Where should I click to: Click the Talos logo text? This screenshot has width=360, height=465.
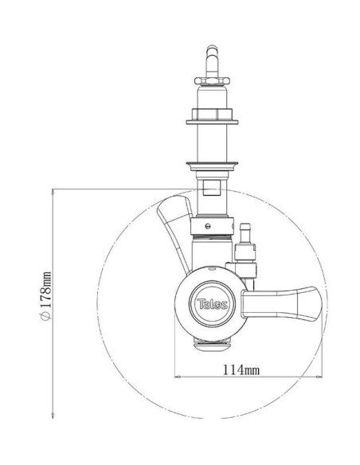pos(213,304)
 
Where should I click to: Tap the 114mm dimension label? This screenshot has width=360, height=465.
pos(241,369)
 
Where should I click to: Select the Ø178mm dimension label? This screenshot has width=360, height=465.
pos(45,296)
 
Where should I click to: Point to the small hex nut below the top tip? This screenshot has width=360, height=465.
pos(212,80)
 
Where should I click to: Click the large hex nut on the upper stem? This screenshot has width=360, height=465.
pos(212,114)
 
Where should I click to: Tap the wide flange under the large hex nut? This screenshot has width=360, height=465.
pos(212,122)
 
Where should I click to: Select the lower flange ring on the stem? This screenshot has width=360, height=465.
pos(212,164)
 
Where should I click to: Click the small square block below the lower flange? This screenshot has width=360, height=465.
pos(211,188)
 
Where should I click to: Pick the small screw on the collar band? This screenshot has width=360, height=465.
pos(208,226)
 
